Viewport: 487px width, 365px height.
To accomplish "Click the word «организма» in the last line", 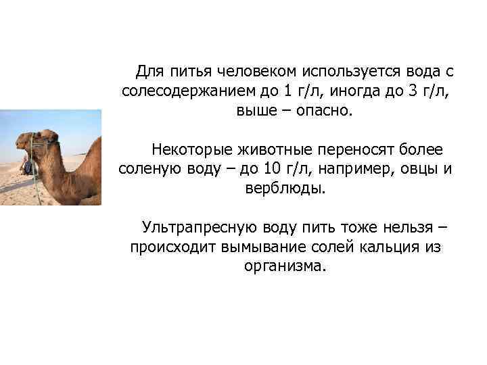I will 285,265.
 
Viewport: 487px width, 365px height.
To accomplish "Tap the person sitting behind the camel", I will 25,164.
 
